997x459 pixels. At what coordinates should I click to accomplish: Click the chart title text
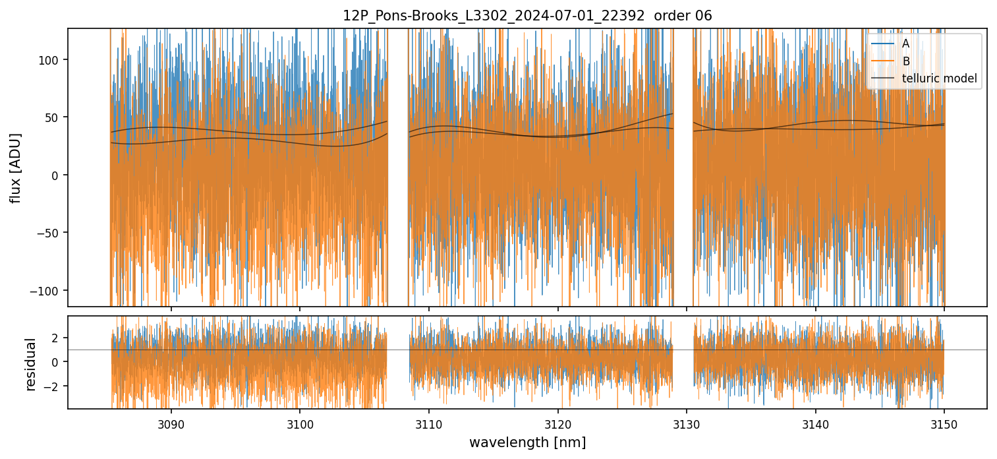point(527,16)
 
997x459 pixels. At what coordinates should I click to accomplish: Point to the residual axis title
point(30,364)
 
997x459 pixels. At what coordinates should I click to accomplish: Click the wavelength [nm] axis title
point(527,442)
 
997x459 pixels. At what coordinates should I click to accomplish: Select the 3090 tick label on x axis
point(171,423)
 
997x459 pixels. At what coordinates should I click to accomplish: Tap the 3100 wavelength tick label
point(300,423)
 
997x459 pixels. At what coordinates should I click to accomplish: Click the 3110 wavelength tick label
point(429,423)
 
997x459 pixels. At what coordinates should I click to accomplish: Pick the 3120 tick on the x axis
point(557,423)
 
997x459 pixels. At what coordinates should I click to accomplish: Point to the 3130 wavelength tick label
point(687,423)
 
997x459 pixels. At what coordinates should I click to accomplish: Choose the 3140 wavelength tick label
point(816,423)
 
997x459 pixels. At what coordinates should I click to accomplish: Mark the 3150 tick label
point(944,423)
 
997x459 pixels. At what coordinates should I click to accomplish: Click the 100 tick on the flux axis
point(51,60)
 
